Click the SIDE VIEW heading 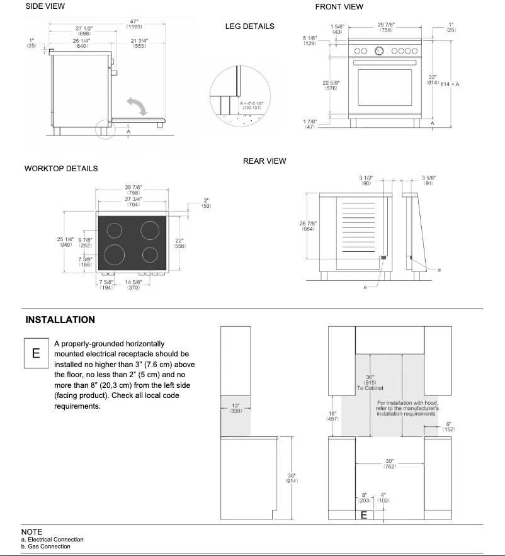[x=45, y=6]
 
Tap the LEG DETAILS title [x=249, y=26]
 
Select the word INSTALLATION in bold [x=60, y=320]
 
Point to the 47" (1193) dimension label [x=133, y=24]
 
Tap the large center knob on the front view [x=380, y=50]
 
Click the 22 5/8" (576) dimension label [x=332, y=85]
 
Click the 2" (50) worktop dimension [x=205, y=203]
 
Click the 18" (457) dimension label [x=334, y=416]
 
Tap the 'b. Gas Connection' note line [x=45, y=546]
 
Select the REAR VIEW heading [x=264, y=161]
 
